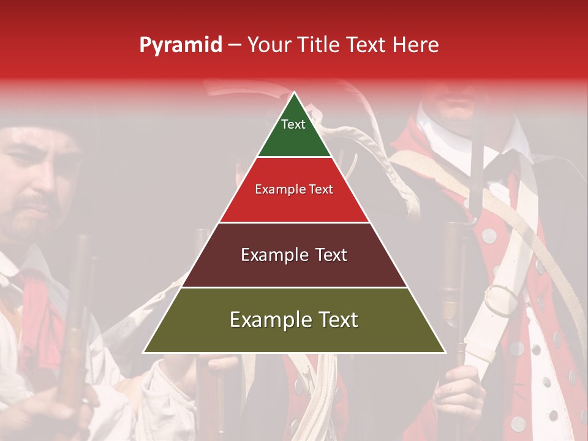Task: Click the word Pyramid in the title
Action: (x=180, y=45)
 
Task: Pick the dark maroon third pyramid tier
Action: (x=295, y=269)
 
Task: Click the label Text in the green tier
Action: (x=293, y=124)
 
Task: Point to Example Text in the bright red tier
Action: (x=294, y=189)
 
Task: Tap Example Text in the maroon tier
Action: (x=294, y=255)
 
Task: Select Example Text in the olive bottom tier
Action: (x=294, y=320)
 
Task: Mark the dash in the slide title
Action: (x=235, y=45)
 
